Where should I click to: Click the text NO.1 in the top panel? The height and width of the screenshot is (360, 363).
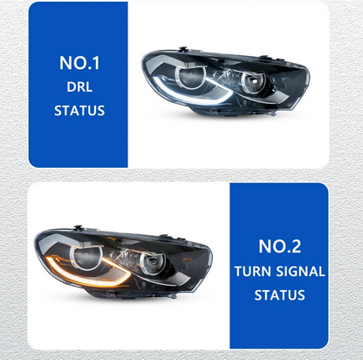(79, 63)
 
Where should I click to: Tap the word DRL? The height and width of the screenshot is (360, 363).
(79, 88)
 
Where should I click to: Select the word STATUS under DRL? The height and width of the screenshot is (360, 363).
(79, 111)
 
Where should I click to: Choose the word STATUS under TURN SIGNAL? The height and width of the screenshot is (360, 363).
(280, 295)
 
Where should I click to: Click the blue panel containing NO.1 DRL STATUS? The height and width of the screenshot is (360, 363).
(79, 85)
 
